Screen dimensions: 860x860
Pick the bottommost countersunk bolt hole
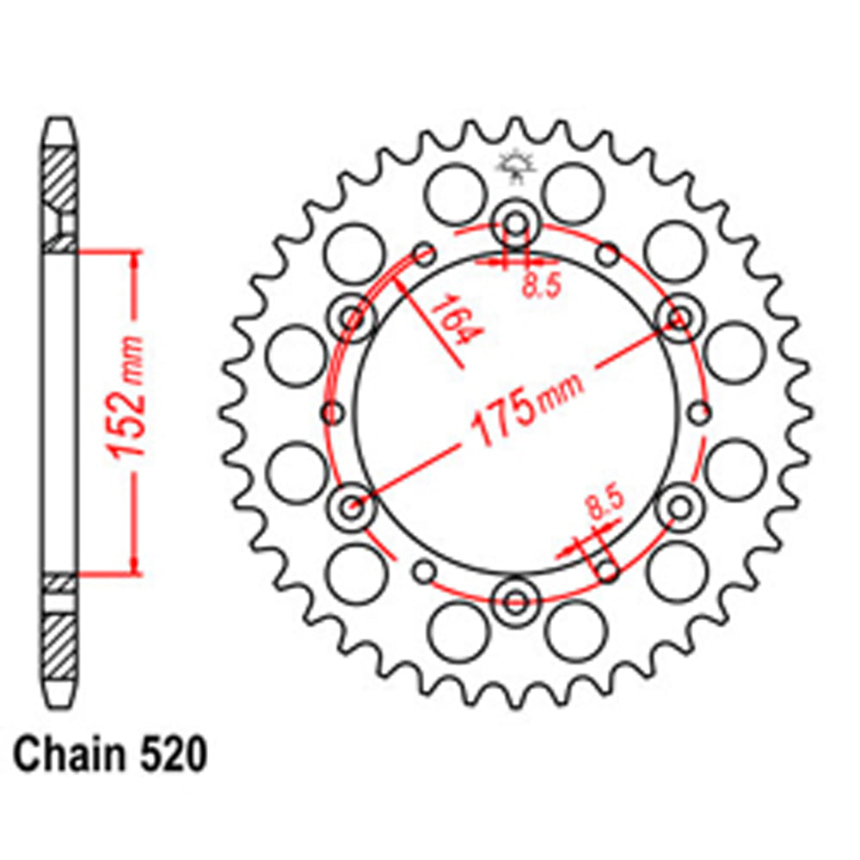(515, 597)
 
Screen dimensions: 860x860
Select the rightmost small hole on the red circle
(701, 413)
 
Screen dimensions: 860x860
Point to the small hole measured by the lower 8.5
(607, 571)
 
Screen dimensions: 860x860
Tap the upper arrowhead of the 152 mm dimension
(133, 258)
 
